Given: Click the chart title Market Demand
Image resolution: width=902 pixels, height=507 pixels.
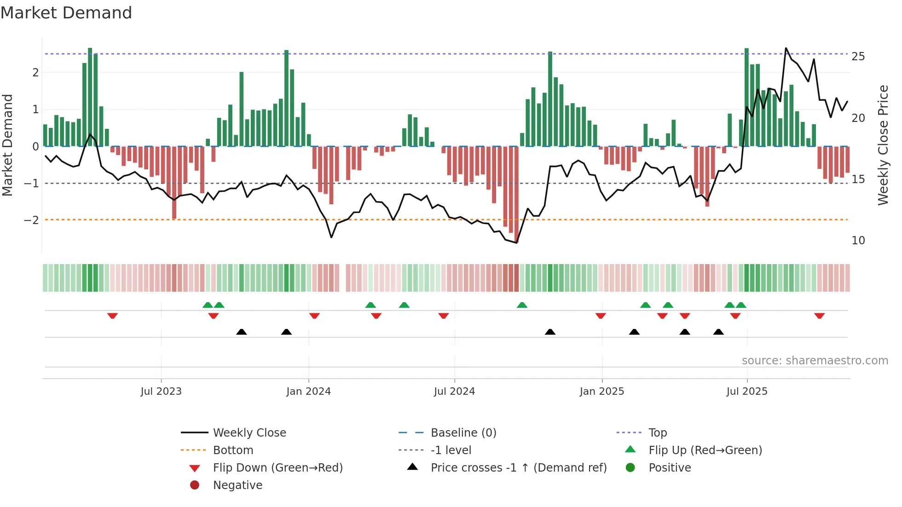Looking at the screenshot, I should click(66, 12).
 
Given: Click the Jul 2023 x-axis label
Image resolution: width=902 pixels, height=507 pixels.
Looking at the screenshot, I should click(161, 392).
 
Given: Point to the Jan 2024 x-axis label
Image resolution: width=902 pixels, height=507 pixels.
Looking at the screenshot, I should click(308, 392).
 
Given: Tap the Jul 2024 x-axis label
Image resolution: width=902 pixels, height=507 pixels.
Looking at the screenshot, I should click(454, 392).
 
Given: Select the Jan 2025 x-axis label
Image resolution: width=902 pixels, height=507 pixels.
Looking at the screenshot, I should click(601, 392).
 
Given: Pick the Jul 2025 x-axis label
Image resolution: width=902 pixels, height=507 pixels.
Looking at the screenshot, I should click(747, 392).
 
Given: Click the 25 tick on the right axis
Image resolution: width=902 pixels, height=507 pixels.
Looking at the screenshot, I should click(858, 57).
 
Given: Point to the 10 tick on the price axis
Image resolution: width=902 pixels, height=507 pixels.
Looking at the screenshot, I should click(858, 241).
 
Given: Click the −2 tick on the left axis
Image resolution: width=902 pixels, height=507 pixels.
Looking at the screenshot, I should click(31, 220).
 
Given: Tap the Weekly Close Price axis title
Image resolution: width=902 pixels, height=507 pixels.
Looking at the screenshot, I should click(883, 145).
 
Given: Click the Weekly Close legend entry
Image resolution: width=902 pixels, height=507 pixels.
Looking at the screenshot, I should click(249, 433).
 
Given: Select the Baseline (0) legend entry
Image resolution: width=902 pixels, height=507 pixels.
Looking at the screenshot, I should click(463, 433).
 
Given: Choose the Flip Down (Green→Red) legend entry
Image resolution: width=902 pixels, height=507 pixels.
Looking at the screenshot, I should click(278, 468).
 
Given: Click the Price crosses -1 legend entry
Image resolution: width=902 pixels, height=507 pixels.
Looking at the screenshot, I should click(518, 468).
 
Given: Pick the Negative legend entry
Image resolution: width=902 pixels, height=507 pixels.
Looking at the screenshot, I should click(237, 485).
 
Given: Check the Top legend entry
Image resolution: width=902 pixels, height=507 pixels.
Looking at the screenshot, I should click(657, 433).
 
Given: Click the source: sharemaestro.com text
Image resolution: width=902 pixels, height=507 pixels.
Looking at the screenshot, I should click(815, 361).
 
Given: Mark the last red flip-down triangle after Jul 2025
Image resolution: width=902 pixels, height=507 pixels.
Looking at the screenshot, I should click(819, 316).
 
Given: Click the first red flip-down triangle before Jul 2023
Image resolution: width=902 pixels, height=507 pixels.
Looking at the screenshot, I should click(112, 316).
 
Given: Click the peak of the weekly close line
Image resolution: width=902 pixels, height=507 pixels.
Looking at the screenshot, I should click(786, 48).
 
